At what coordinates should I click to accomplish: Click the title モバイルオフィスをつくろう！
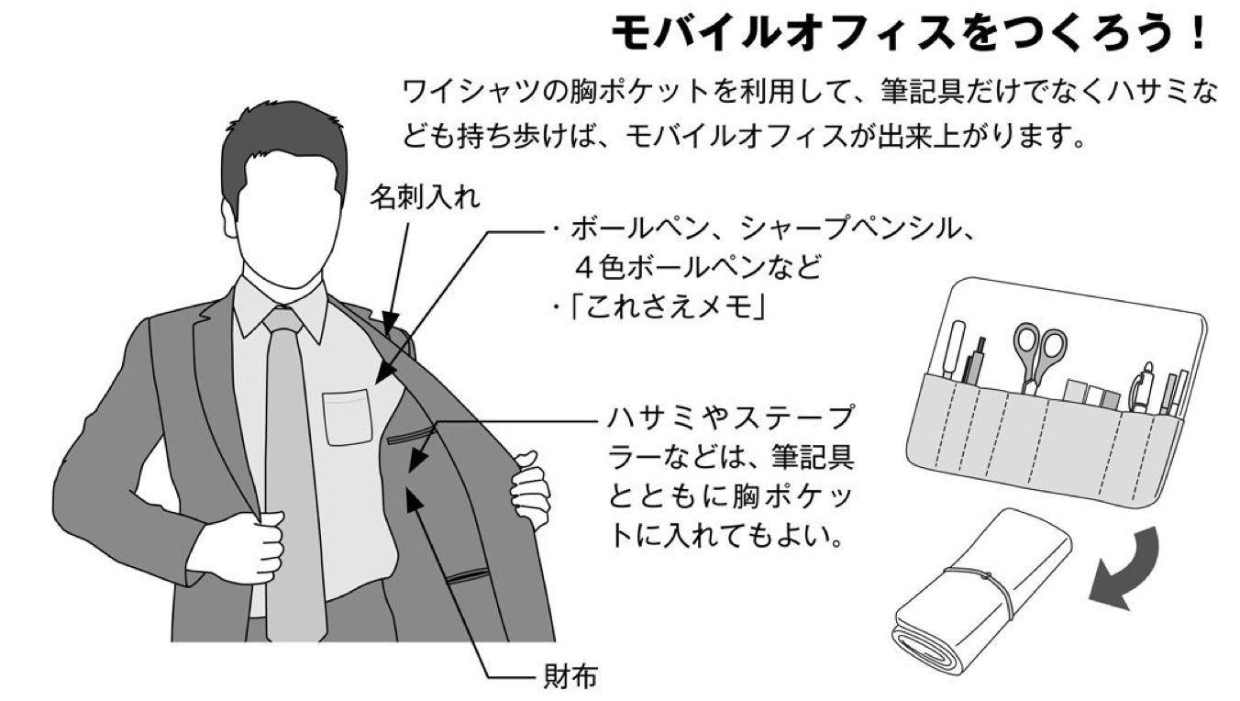pos(908,33)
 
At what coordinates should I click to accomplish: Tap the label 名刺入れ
pos(426,196)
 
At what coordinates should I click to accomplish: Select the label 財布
pos(570,676)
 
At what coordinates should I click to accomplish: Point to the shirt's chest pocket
pos(348,417)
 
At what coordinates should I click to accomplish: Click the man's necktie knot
pos(282,320)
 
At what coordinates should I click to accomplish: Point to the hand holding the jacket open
pos(529,487)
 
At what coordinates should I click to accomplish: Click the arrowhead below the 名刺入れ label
pos(391,321)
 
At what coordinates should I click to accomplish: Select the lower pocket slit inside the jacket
pos(469,576)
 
